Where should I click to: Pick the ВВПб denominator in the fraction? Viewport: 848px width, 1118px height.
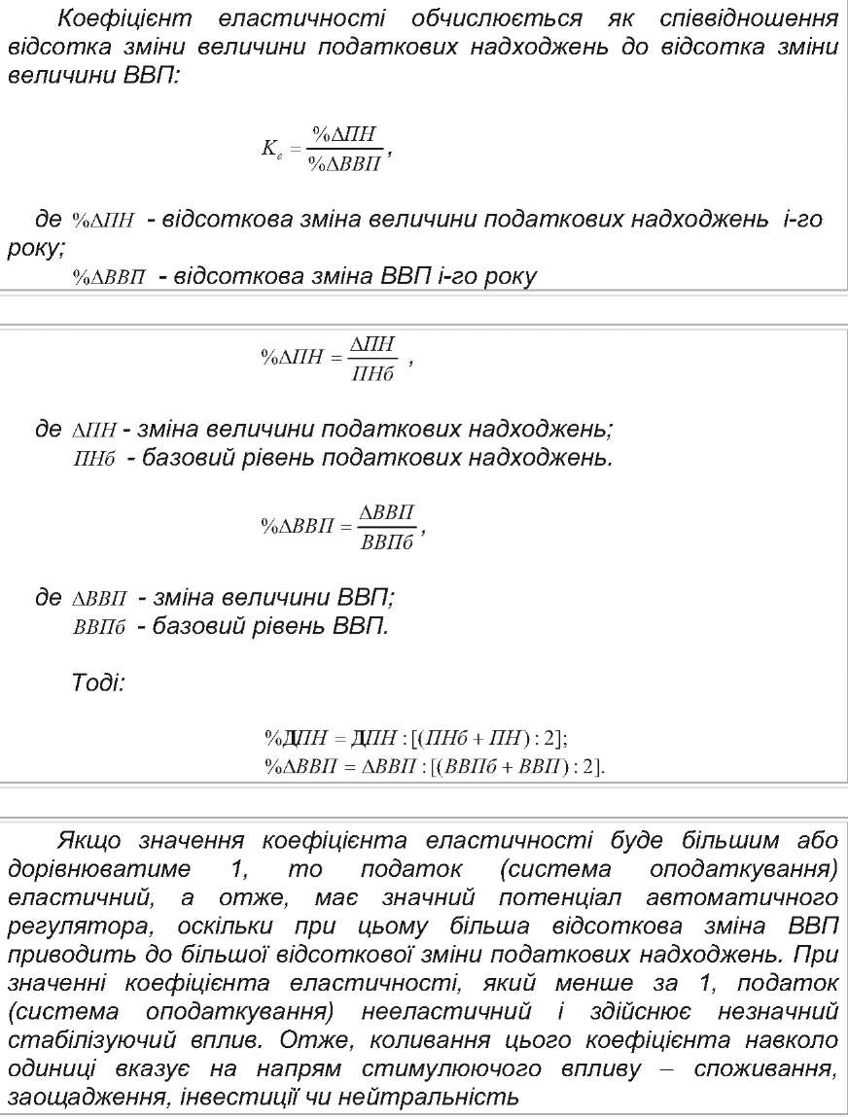(386, 542)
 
